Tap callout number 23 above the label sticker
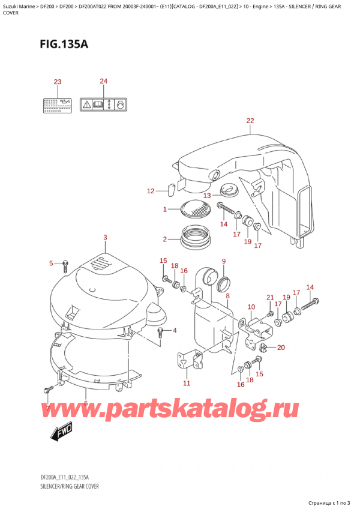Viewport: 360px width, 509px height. pos(58,82)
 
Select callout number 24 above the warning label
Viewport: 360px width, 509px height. pos(103,82)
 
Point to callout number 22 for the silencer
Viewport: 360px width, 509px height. pos(250,121)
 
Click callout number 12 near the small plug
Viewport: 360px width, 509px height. pos(151,191)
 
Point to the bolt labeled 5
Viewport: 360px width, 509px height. pos(65,264)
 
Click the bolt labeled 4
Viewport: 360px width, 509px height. pos(160,332)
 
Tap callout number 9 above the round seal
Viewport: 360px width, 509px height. pos(223,261)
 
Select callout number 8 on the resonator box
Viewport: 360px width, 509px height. pos(227,296)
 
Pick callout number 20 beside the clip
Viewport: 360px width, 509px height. pos(281,347)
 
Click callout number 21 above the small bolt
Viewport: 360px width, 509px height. pos(269,298)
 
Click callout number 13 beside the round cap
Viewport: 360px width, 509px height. pos(206,195)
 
